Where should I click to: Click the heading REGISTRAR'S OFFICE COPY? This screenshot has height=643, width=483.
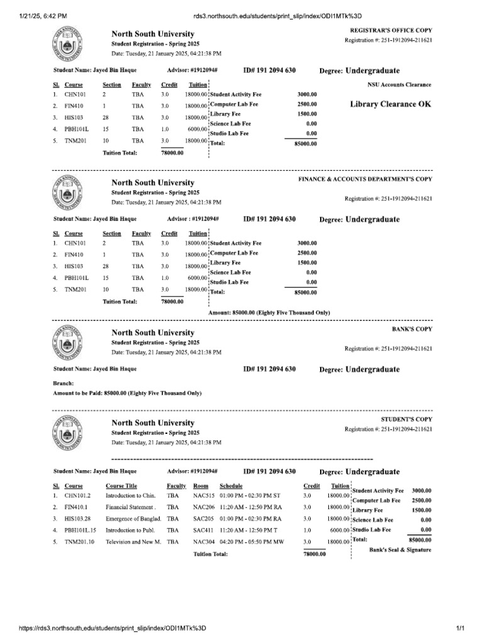pos(391,30)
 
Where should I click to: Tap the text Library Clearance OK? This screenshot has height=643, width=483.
pos(391,104)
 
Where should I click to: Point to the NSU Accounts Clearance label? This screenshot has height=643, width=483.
pos(399,84)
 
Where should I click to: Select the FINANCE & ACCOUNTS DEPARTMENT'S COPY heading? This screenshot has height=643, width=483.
pos(365,179)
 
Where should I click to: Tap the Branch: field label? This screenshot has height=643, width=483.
pos(64,383)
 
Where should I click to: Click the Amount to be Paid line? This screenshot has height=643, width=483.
pos(127,393)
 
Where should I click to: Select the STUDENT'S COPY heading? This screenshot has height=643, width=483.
pos(406,418)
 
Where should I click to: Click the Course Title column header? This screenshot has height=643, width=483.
pos(121,486)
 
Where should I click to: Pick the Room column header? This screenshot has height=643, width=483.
pos(201,486)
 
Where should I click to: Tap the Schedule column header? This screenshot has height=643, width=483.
pos(231,486)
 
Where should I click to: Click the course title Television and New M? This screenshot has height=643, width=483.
pos(133,541)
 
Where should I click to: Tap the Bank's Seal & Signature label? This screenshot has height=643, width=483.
pos(400,549)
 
